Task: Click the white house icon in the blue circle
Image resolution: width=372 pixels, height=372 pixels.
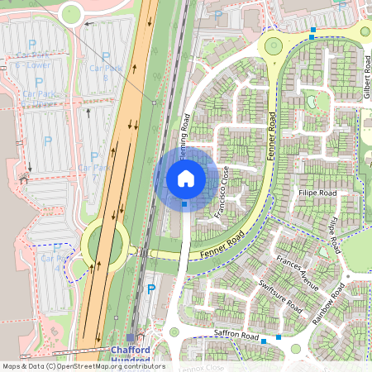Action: click(x=186, y=179)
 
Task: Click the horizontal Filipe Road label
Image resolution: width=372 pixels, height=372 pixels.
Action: click(x=317, y=193)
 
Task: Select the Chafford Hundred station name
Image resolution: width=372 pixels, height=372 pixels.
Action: click(x=131, y=355)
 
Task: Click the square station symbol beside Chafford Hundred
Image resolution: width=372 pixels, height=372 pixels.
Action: click(x=131, y=337)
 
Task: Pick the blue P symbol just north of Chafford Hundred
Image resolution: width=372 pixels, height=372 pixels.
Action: click(x=150, y=289)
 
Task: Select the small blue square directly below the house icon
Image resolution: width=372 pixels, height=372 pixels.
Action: click(x=184, y=203)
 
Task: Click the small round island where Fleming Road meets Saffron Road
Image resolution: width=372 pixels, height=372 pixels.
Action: click(x=174, y=332)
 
